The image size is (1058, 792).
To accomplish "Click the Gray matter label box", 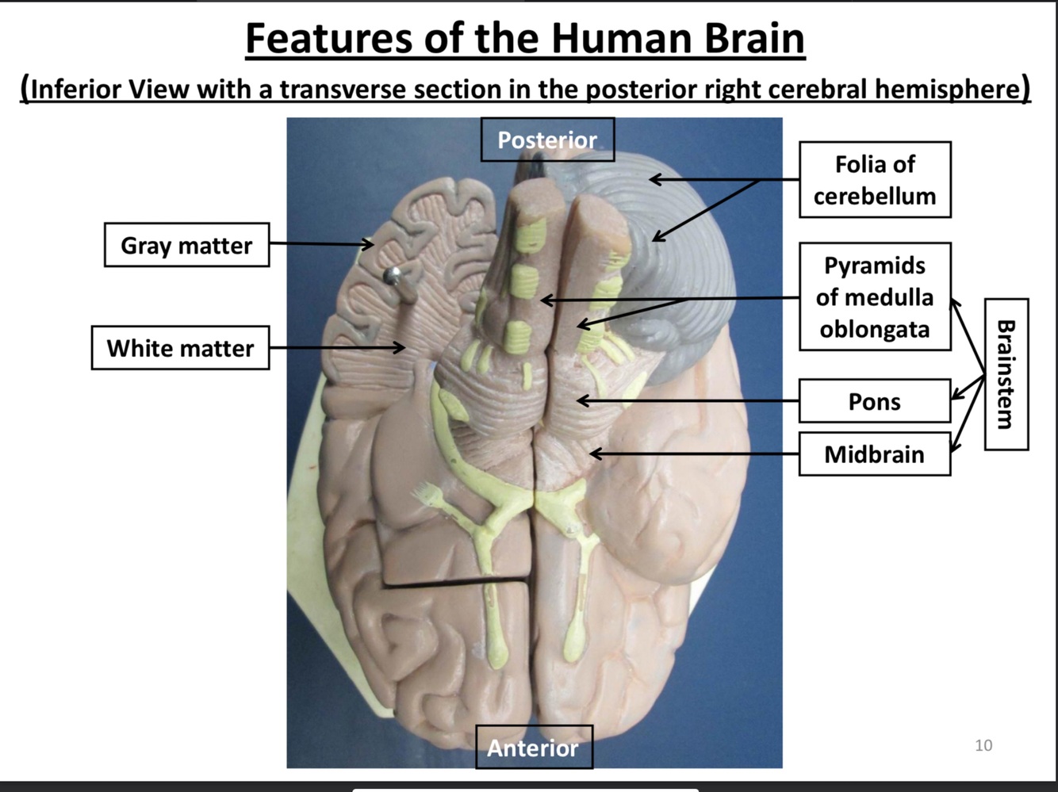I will pyautogui.click(x=186, y=245).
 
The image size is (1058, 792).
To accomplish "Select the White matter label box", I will pyautogui.click(x=180, y=348).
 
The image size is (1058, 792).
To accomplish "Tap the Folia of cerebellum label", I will pyautogui.click(x=874, y=180).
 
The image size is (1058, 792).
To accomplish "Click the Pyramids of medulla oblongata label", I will pyautogui.click(x=874, y=297).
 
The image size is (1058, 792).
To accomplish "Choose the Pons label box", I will pyautogui.click(x=874, y=401).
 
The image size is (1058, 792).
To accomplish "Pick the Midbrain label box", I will pyautogui.click(x=874, y=454).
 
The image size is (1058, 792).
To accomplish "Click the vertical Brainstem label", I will pyautogui.click(x=1006, y=374).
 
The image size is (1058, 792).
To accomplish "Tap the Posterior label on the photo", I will pyautogui.click(x=546, y=140).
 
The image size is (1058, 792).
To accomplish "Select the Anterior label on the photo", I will pyautogui.click(x=533, y=747).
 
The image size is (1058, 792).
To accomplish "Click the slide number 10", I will pyautogui.click(x=983, y=745).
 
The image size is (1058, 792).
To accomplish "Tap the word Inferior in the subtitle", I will pyautogui.click(x=77, y=89).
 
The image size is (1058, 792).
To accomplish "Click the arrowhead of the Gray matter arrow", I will pyautogui.click(x=370, y=244).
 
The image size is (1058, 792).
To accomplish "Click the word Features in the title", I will pyautogui.click(x=328, y=37).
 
